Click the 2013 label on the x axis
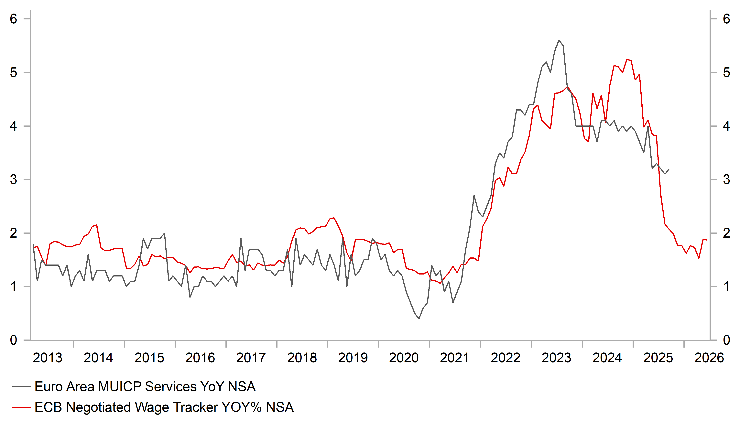[x=47, y=358]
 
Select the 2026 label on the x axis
[x=709, y=358]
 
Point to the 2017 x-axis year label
[x=251, y=358]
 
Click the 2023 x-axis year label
[x=556, y=358]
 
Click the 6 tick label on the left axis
[x=14, y=19]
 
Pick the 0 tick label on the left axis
[x=14, y=340]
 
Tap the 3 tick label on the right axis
[x=726, y=179]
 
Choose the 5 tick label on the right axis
[x=726, y=72]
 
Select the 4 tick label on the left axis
[x=14, y=126]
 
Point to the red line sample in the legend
[x=21, y=407]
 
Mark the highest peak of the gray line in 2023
[x=559, y=40]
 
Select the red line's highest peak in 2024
[x=627, y=60]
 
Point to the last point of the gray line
[x=669, y=169]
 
